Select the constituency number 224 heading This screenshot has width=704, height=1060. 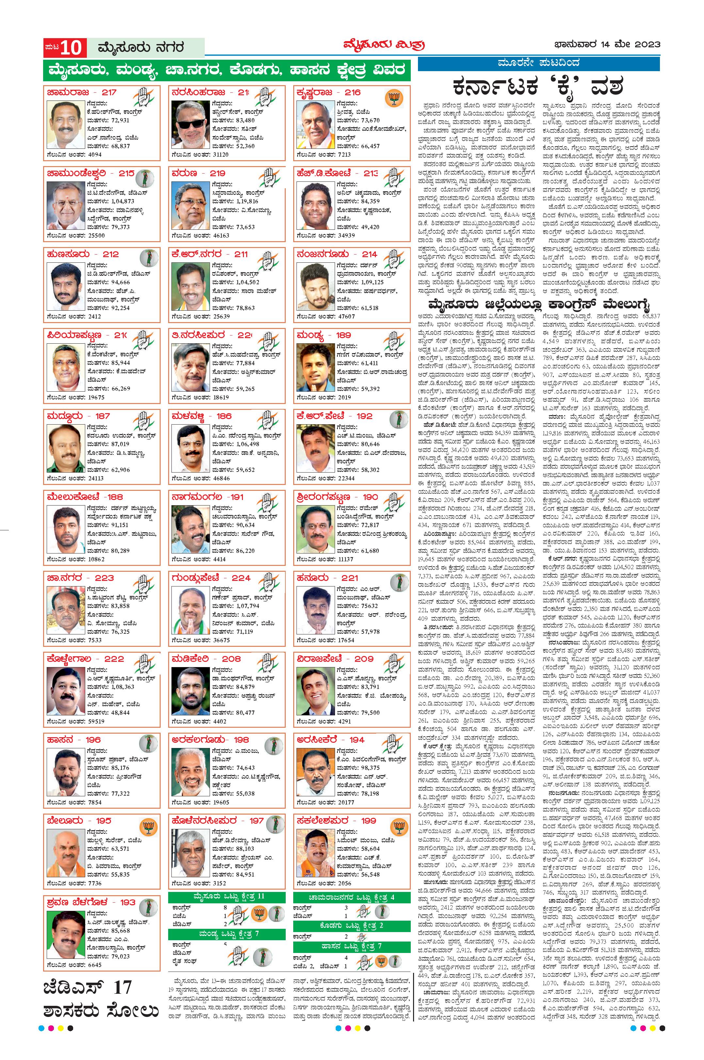click(x=241, y=578)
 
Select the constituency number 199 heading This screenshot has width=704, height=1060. click(x=368, y=821)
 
